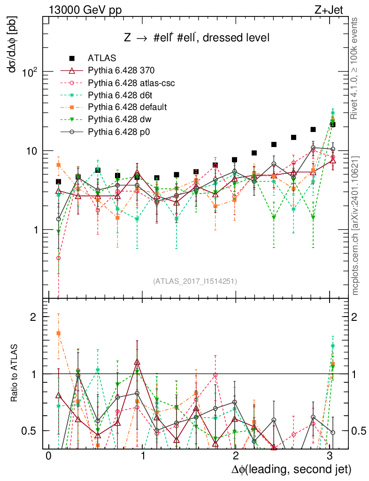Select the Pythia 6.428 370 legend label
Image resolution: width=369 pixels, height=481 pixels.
click(x=121, y=71)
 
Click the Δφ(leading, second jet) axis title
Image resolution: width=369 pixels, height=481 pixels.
click(x=291, y=469)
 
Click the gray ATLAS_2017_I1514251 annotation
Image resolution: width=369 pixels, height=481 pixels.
click(x=194, y=281)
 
